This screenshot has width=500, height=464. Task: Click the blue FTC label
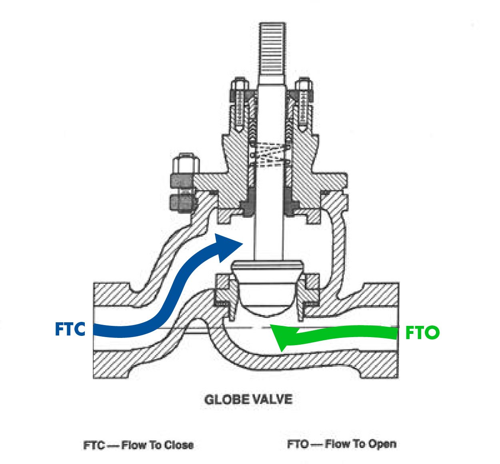tap(70, 329)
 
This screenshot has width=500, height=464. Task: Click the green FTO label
tap(422, 333)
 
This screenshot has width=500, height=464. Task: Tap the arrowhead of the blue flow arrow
tap(227, 245)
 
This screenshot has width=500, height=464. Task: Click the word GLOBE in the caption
tap(224, 400)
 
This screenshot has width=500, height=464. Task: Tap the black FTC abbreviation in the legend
tap(94, 445)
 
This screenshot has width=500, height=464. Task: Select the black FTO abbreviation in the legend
tap(298, 444)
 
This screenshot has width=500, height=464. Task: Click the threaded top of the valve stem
tap(272, 52)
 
